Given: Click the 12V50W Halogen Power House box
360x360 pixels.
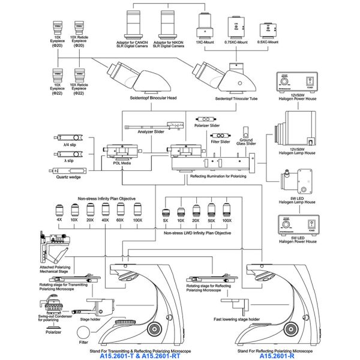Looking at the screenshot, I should (293, 82).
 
